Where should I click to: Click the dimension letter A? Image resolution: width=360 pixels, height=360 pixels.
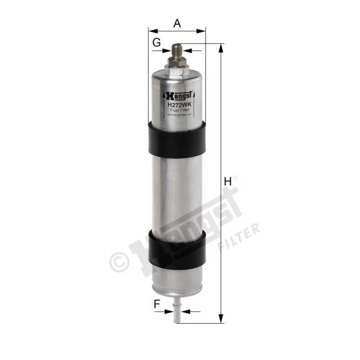coord(177,23)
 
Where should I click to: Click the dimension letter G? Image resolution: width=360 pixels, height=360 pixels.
coord(157,43)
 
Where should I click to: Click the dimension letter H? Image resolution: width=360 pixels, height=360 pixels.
coord(228,182)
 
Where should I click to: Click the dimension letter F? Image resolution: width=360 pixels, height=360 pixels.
coord(157,304)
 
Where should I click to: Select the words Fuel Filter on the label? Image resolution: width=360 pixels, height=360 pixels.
coord(180,110)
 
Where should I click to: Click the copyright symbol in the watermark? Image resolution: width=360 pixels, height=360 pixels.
coord(119,261)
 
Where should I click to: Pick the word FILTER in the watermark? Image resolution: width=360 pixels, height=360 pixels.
coord(238,238)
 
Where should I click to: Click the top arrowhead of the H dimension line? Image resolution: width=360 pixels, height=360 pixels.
coord(220,47)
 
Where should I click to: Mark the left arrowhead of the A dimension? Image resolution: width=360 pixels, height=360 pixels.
coord(151,31)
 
